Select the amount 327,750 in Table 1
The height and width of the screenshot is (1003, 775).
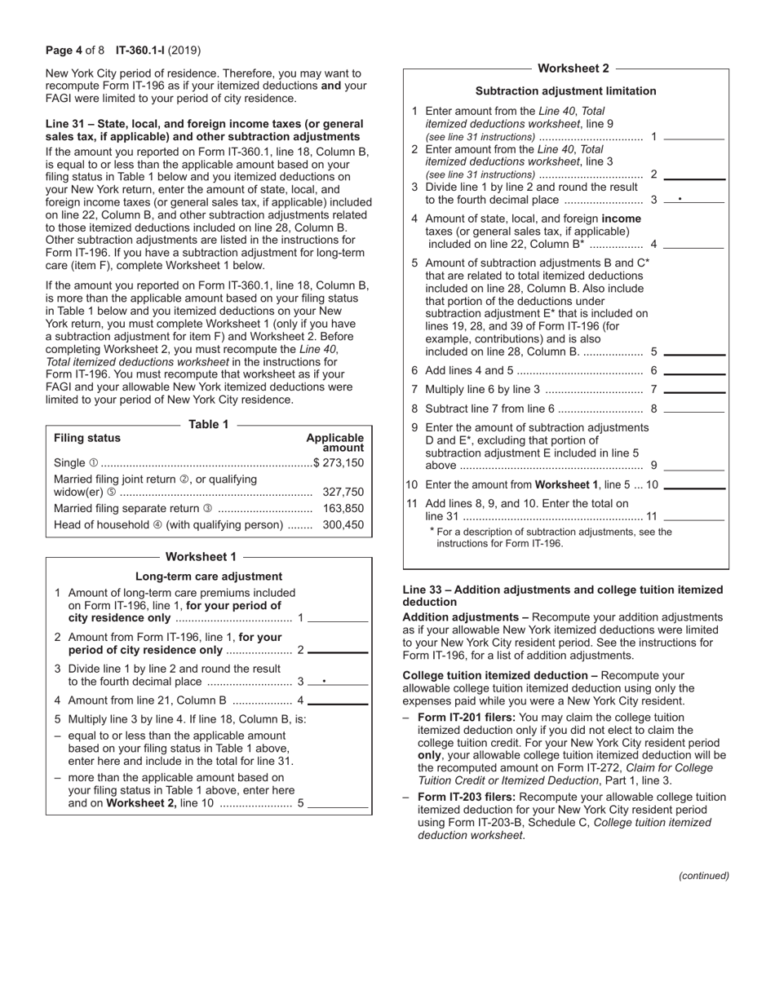coord(343,492)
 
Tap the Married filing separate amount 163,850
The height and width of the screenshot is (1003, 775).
coord(343,509)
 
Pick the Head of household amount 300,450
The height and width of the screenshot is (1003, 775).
coord(343,525)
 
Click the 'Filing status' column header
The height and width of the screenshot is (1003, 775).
coord(87,438)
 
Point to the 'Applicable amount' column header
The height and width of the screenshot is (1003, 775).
coord(335,443)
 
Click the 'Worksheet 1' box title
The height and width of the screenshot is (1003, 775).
coord(201,557)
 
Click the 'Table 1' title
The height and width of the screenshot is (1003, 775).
coord(209,424)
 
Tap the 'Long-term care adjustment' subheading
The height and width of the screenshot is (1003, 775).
coord(209,576)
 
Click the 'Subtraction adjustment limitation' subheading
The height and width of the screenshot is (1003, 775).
coord(565,91)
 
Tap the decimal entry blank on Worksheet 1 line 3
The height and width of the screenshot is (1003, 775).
coord(339,681)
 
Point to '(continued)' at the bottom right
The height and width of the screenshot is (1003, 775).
coord(703,876)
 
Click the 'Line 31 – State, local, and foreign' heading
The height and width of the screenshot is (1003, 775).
coord(205,124)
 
